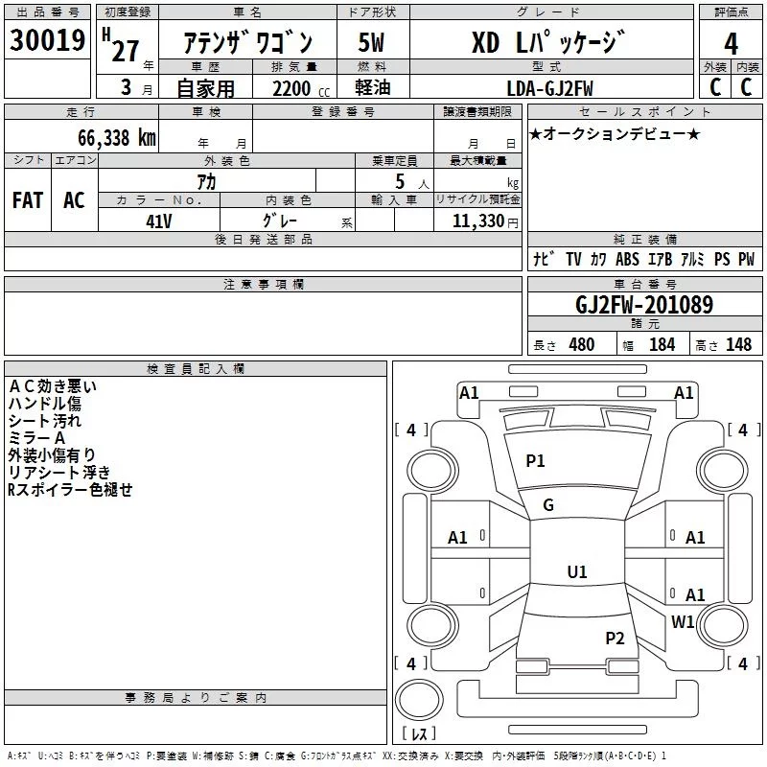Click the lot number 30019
47,40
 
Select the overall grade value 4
731,44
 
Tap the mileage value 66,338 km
117,138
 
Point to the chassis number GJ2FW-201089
644,305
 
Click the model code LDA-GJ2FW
549,88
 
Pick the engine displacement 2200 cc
301,88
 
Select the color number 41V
159,221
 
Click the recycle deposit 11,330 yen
485,221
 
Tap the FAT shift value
28,200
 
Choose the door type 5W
371,42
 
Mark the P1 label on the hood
535,460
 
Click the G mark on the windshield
548,505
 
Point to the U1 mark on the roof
577,571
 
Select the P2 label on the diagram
615,639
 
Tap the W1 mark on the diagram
683,621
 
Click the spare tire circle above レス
419,700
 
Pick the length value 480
582,344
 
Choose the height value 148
738,344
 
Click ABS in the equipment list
627,259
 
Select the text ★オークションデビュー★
615,133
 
